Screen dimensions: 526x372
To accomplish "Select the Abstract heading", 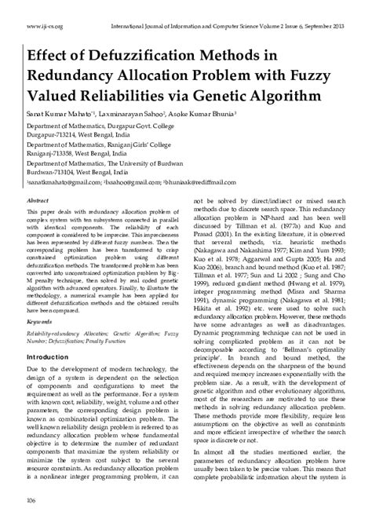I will pos(39,201).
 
